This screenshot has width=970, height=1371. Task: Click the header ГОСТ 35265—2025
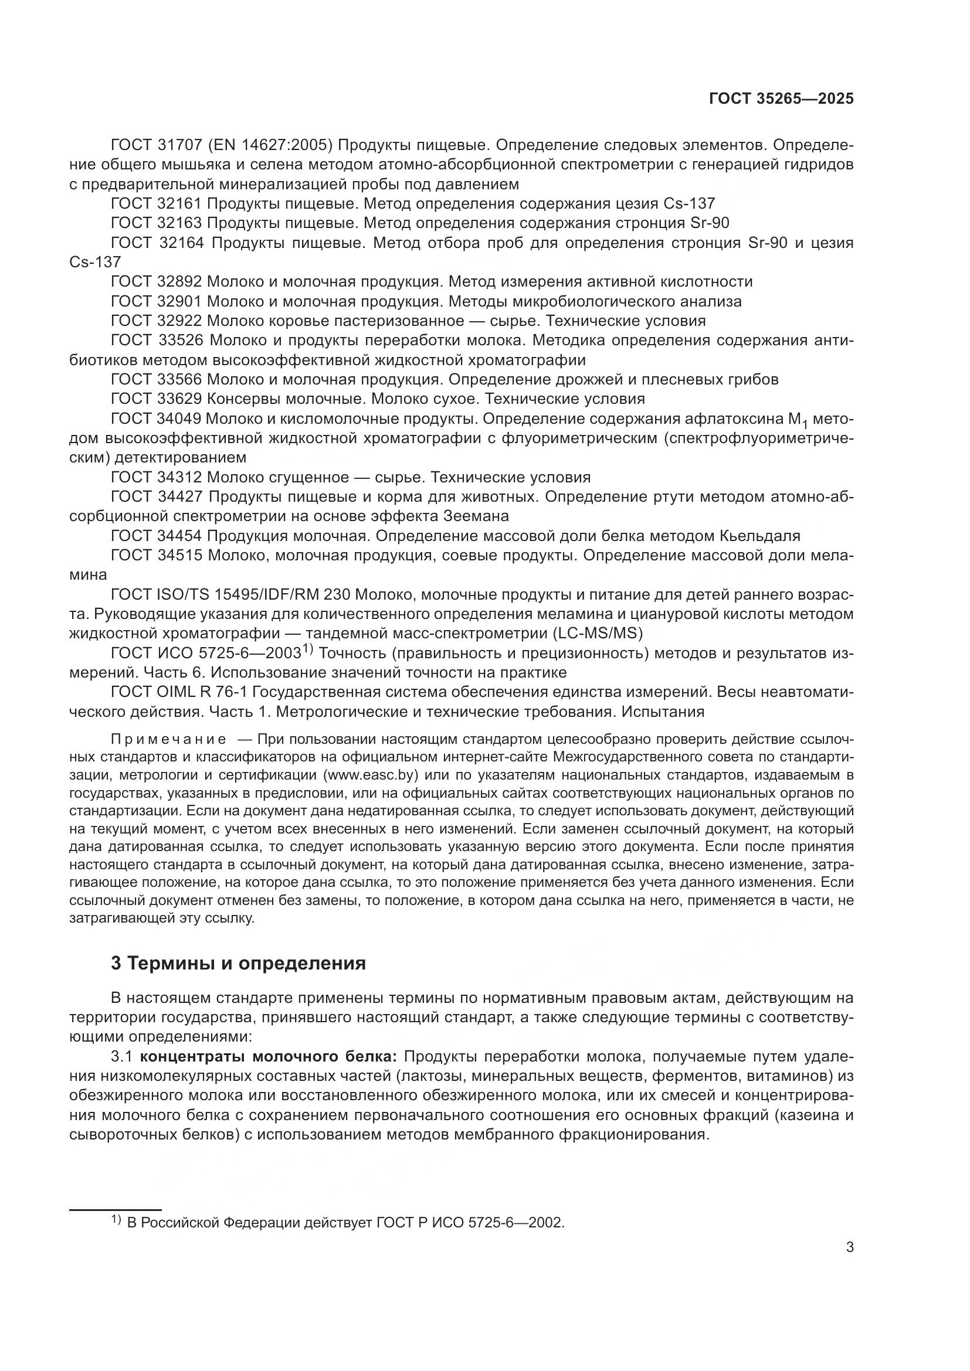781,99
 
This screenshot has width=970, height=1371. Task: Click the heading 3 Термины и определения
238,963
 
